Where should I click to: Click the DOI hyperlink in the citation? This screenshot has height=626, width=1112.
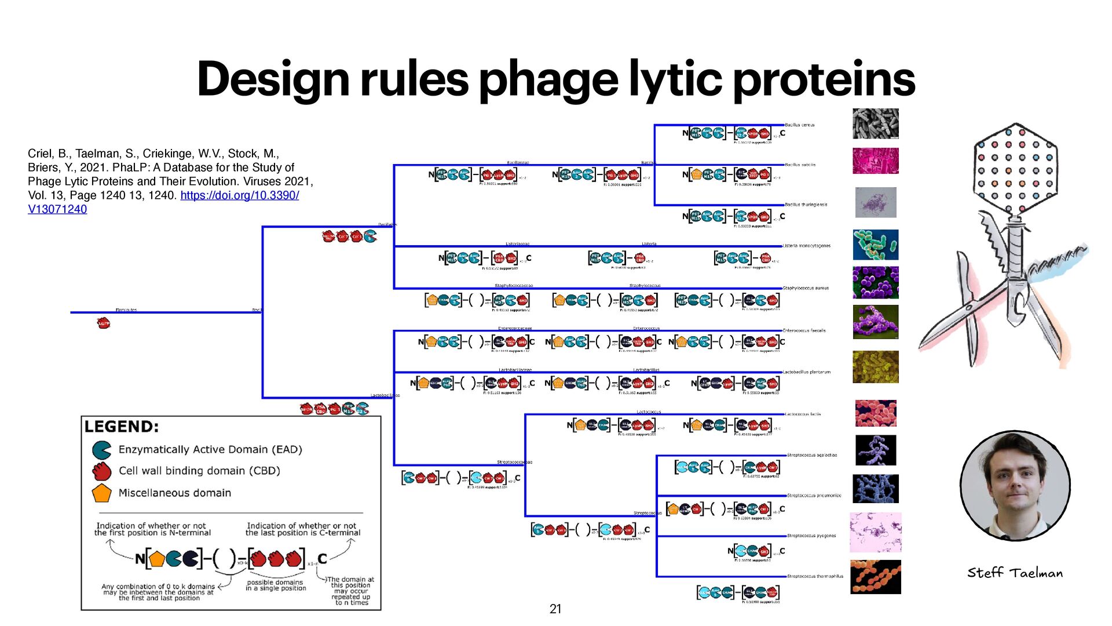point(239,195)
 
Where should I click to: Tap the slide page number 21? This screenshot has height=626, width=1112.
point(555,609)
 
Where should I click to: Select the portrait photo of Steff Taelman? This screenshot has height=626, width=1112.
point(1015,486)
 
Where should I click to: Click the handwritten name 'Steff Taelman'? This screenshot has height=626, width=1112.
point(1015,573)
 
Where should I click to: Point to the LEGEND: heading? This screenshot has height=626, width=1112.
point(121,427)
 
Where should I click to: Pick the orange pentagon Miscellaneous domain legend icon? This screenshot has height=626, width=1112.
point(101,493)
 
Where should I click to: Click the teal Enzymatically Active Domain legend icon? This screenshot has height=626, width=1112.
point(101,450)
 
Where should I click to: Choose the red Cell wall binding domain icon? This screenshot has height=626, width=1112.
point(101,471)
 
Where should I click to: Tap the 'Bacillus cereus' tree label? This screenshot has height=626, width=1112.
point(799,125)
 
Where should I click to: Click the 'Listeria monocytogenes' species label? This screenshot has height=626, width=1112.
point(806,246)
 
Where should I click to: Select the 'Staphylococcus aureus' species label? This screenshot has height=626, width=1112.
point(806,288)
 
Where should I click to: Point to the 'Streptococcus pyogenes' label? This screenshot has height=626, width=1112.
point(811,536)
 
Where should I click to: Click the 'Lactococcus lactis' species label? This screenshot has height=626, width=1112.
point(803,414)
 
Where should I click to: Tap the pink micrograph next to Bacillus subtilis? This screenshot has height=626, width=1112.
point(875,161)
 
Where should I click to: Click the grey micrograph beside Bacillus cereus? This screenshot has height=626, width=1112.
point(875,123)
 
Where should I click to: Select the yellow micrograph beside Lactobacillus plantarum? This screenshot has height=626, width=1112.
point(875,366)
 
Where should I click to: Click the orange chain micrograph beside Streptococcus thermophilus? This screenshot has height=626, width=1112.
point(875,577)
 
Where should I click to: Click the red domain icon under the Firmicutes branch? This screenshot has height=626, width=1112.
point(104,323)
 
